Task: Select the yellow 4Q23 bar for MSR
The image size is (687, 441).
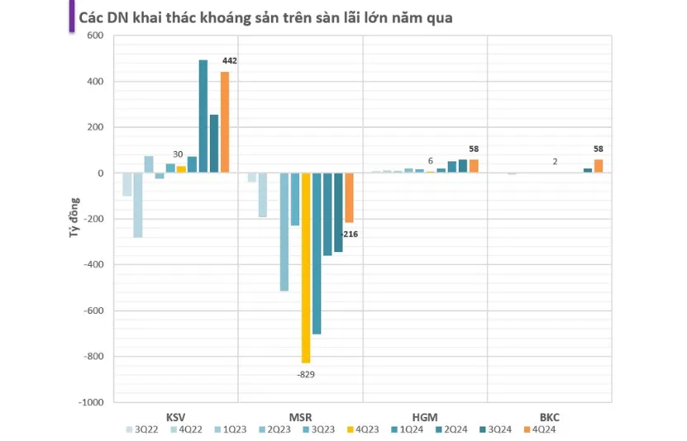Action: (x=306, y=268)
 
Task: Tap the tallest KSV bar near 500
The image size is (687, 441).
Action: (x=203, y=116)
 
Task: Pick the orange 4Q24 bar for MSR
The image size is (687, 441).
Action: (x=349, y=198)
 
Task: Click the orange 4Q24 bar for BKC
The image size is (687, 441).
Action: (x=598, y=166)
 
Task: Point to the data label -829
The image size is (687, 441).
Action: (x=306, y=374)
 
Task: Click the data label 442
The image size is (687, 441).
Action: (x=228, y=61)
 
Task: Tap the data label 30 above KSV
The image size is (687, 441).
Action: (x=177, y=154)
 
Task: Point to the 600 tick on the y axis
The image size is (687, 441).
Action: (x=93, y=36)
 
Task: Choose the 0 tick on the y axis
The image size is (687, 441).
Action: (x=99, y=173)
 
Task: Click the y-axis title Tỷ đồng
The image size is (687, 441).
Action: (x=73, y=219)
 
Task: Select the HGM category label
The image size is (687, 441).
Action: (x=424, y=418)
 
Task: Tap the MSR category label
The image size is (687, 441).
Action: (x=301, y=418)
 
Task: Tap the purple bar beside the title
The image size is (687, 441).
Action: (x=70, y=17)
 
